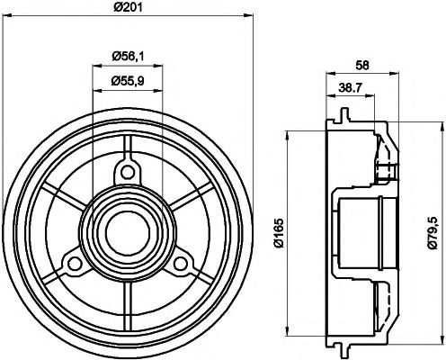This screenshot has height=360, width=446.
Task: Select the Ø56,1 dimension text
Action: tap(129, 57)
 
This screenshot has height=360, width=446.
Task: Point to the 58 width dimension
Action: tap(363, 66)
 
